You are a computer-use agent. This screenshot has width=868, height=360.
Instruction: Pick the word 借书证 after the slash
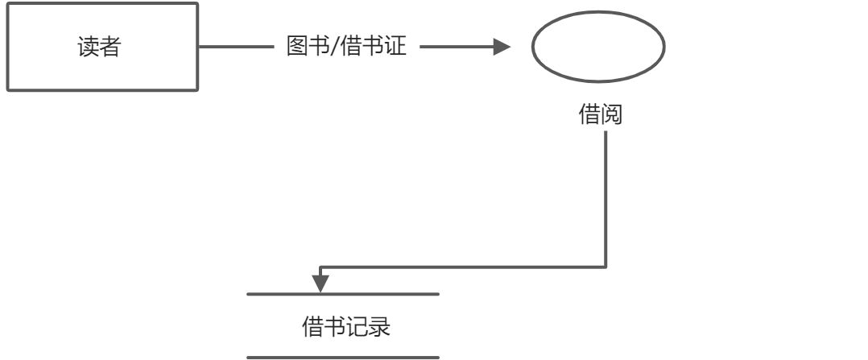374,48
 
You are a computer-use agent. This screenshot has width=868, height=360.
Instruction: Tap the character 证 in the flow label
395,48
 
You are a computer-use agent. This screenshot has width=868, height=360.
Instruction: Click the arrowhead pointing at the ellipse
502,48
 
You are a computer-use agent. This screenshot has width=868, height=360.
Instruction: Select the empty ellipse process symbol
597,48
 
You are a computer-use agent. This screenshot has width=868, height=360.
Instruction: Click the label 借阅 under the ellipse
601,115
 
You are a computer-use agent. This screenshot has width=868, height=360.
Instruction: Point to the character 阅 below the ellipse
613,115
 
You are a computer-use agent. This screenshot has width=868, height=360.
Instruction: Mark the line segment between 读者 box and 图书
236,48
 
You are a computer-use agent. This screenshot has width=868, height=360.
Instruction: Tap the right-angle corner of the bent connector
606,266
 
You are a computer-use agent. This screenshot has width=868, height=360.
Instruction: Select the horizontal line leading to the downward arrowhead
463,266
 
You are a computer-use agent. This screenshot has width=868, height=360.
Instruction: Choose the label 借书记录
345,327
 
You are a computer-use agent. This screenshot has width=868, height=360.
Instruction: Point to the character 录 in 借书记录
380,327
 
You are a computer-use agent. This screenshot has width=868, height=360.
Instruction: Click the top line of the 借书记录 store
343,295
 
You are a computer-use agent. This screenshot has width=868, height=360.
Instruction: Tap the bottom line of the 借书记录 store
343,357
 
